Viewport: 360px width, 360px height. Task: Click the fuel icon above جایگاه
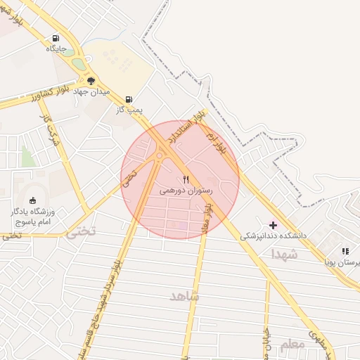click(56, 39)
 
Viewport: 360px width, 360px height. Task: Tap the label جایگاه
click(56, 49)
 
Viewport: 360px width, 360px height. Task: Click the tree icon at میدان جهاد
click(91, 81)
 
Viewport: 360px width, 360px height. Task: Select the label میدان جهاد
click(91, 92)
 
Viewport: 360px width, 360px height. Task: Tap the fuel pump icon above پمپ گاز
click(129, 100)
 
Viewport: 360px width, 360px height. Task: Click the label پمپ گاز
click(129, 110)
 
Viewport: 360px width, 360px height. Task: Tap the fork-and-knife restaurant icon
click(186, 179)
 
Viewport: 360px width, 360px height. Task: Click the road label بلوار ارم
click(219, 145)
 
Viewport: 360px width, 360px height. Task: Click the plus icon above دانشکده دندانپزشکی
click(274, 225)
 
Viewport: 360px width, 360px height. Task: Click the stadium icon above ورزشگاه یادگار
click(32, 200)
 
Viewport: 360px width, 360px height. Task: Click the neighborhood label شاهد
click(184, 297)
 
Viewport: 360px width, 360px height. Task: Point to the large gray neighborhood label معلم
click(292, 345)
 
